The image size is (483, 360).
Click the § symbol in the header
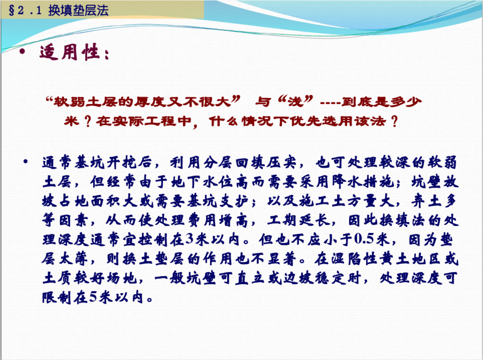[x=12, y=10]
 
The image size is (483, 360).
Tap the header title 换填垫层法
[x=78, y=10]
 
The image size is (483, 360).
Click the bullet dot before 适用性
[x=22, y=51]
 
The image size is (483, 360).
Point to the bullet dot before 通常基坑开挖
[x=25, y=161]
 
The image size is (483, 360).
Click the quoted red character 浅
[x=295, y=101]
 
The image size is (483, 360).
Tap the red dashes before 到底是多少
[x=330, y=102]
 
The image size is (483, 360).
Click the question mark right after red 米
[x=87, y=121]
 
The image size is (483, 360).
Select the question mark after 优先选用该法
[x=394, y=121]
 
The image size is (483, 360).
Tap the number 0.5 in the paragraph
[x=365, y=239]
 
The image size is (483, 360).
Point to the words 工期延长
[x=299, y=220]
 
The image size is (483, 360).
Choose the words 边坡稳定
[x=314, y=278]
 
